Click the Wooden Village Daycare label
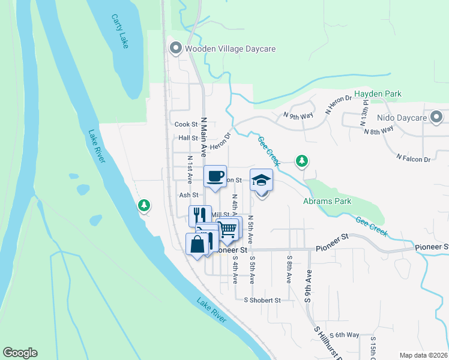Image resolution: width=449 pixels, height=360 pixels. coord(229,49)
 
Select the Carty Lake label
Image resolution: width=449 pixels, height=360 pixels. coord(119,32)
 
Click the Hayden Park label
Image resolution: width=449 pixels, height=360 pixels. coord(378,94)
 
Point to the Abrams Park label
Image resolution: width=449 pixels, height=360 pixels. coord(327,202)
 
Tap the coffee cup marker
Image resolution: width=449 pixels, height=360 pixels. coord(215,176)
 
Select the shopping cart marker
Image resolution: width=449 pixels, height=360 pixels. coord(228,229)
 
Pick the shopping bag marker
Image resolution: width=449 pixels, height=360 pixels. coord(198,244)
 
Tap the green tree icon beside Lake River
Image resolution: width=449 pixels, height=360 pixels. coord(144,206)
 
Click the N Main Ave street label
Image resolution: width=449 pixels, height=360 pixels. coord(204,137)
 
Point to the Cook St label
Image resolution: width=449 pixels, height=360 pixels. coord(186,125)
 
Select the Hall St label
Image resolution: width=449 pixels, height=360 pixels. coord(188,138)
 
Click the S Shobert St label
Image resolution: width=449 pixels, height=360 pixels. coord(262,300)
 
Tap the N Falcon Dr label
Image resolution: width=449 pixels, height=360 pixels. coord(414,158)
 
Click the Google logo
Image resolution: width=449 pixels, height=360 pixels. coord(20,353)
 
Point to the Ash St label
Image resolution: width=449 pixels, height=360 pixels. coord(188,195)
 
